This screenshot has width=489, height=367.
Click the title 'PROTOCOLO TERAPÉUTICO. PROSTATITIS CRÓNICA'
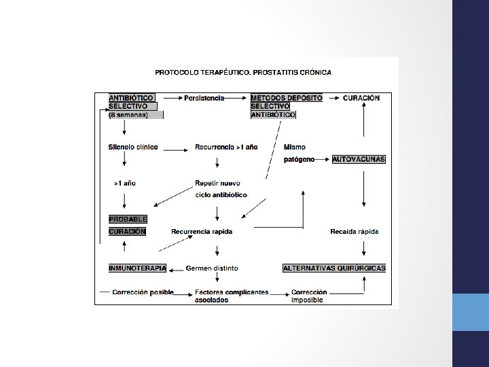243,71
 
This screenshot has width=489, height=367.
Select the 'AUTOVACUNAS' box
359,159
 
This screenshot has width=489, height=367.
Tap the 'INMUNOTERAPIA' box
137,268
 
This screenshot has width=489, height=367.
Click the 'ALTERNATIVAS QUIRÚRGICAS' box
334,268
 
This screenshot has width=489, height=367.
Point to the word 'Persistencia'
204,98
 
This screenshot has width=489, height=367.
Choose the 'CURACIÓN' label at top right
361,98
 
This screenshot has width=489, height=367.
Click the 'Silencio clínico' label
133,147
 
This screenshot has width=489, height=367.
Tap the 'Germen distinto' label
212,268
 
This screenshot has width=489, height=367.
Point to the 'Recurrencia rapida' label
202,232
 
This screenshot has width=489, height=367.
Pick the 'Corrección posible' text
143,293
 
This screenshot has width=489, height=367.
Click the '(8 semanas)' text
128,115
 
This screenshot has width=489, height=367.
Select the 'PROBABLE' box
128,219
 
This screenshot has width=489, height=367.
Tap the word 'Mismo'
294,147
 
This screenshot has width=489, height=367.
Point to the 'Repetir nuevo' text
217,183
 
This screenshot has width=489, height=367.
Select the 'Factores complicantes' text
232,293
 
